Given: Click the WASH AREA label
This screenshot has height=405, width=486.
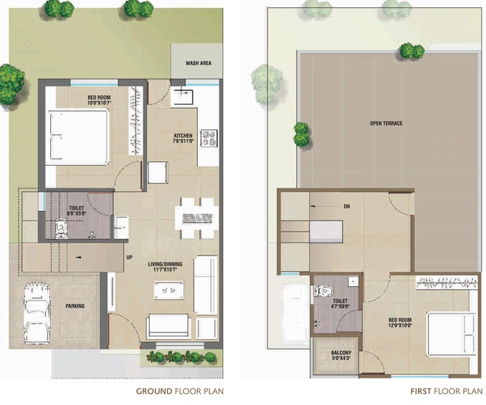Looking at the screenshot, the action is [x=199, y=63].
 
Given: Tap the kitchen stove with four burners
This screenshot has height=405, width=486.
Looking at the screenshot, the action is [x=209, y=138].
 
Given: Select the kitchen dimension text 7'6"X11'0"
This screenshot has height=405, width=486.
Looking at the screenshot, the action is [x=184, y=141].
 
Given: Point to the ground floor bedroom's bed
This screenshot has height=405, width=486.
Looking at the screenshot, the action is [x=77, y=137].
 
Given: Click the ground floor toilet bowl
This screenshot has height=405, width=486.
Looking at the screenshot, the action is [x=61, y=228].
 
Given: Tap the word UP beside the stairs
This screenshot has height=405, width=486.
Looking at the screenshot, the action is [x=130, y=258].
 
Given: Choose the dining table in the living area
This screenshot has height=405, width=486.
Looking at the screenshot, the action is [x=197, y=218].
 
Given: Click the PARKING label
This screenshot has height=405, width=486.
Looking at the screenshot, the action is [x=75, y=306].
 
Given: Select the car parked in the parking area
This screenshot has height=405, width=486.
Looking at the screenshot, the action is [x=37, y=313].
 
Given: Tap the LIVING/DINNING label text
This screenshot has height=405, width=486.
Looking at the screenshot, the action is [x=165, y=264].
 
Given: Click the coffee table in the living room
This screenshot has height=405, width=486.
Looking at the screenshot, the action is [x=168, y=291].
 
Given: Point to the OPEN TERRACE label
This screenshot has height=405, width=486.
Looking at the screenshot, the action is [x=386, y=123].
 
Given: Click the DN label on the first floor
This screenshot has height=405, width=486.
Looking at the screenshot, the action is [x=347, y=206].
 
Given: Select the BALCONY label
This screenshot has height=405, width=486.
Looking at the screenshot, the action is [x=341, y=353].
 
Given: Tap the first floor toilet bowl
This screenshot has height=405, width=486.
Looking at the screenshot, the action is [x=323, y=291].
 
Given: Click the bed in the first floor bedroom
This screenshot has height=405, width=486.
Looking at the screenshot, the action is [x=451, y=334].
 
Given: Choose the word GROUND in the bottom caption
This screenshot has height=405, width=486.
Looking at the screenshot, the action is [x=154, y=391].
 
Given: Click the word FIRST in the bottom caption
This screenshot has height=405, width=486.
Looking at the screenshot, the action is [x=421, y=391].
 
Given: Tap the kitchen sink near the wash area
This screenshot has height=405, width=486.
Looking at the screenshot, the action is [x=183, y=97].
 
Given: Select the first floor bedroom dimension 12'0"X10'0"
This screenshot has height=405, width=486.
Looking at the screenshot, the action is [x=400, y=325].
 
